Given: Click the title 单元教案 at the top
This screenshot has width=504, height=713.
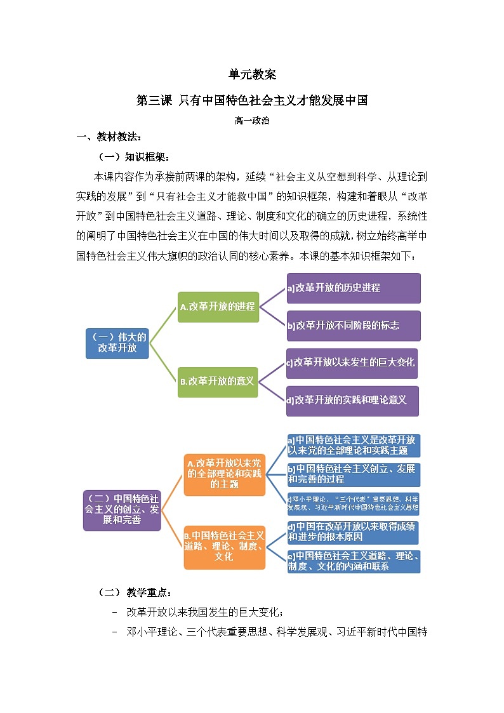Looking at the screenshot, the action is (x=252, y=75).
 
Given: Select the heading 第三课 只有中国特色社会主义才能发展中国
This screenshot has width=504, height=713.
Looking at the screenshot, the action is (x=252, y=100).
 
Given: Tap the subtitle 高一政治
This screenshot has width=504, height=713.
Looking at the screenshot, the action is (x=252, y=121).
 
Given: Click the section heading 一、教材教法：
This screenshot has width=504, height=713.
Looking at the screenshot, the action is (x=109, y=138).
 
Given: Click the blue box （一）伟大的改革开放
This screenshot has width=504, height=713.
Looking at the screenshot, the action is (x=117, y=343).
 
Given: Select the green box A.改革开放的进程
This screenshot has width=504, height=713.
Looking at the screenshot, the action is (x=218, y=307).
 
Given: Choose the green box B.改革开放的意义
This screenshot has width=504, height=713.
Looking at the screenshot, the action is (x=218, y=382).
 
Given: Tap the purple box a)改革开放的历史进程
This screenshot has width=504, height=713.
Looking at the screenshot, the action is (x=353, y=288).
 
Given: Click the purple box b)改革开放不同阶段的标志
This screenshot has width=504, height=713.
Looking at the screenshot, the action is (x=353, y=326).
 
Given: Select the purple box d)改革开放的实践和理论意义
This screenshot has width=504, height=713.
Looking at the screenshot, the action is (x=352, y=401).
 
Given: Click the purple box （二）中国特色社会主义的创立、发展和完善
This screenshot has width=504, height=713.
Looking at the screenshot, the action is (x=122, y=510).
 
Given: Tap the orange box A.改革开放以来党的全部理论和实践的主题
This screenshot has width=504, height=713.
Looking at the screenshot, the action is (x=225, y=474).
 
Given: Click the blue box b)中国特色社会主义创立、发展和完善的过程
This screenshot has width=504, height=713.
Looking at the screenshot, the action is (x=353, y=474).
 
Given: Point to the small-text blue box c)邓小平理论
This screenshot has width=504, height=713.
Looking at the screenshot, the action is (x=353, y=503).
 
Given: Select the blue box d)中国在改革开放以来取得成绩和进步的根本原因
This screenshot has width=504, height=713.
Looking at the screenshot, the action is (x=353, y=532).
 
